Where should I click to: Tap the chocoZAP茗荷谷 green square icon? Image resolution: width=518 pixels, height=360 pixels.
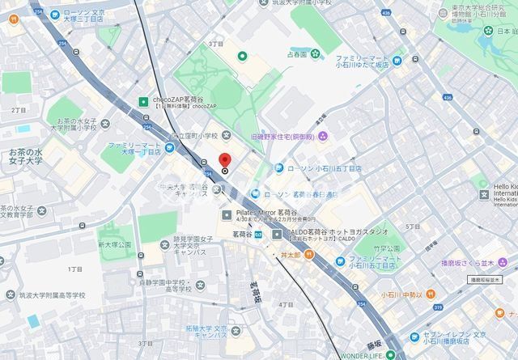click(x=142, y=102)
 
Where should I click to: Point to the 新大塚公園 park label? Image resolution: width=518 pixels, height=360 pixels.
click(x=114, y=244)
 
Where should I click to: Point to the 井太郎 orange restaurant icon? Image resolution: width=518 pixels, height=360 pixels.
click(x=274, y=254)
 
